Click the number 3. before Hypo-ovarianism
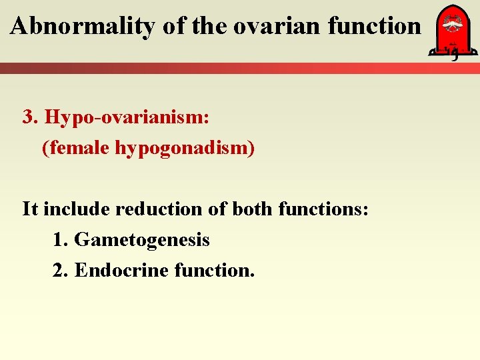tap(31, 117)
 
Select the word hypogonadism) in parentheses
tap(185, 147)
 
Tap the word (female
tap(77, 147)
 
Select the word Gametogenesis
tap(142, 239)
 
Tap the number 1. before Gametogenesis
tap(61, 239)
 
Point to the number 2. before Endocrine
tap(61, 270)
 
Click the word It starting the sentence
tap(29, 209)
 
